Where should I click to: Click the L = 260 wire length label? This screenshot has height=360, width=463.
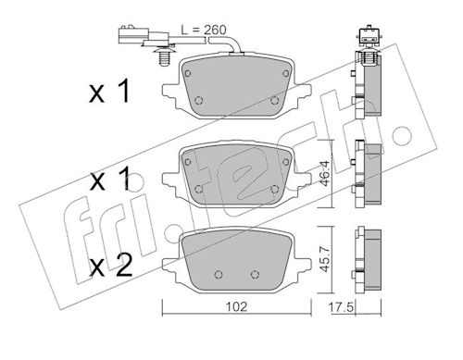204,30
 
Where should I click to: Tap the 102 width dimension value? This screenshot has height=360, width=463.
237,307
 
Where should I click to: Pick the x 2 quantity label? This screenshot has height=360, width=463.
110,266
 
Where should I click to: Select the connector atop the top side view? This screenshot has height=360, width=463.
369,36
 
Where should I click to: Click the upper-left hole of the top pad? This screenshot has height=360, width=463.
187,73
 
